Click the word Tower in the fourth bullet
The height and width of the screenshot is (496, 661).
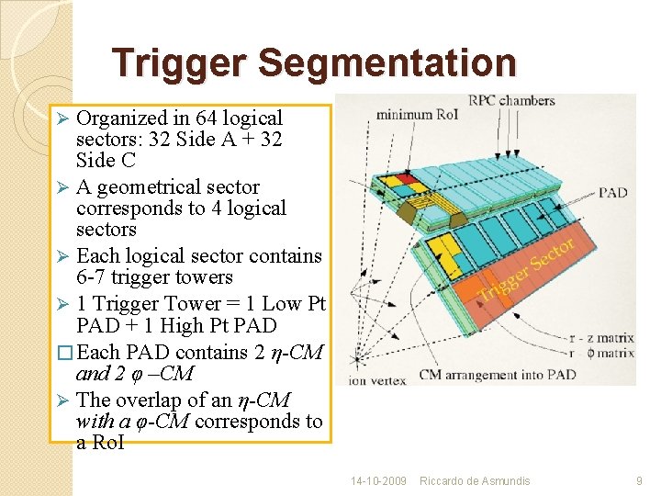pos(197,304)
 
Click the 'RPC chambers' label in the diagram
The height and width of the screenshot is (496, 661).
pos(511,101)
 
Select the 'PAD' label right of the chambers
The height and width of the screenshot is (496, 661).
pos(612,193)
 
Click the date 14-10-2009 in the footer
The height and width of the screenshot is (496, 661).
pos(378,480)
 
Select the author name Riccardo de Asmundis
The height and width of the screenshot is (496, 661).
pos(475,480)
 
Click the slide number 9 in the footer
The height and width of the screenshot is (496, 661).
pos(639,480)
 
